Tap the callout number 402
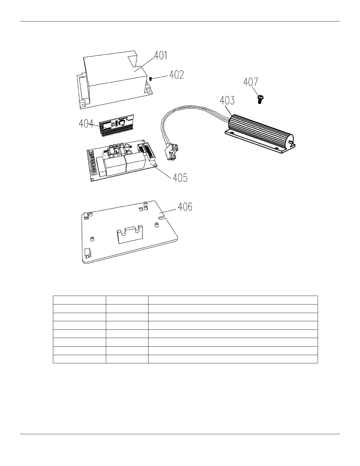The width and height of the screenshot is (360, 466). point(176,75)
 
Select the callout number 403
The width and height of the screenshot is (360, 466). point(228,101)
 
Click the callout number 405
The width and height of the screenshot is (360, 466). point(180,178)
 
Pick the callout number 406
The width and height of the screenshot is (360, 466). point(185,207)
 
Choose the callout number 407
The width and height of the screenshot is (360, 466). point(251,82)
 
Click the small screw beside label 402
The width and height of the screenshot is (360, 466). point(151,79)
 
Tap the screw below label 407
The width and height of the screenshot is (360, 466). point(260,99)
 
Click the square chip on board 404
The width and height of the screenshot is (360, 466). point(122,124)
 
